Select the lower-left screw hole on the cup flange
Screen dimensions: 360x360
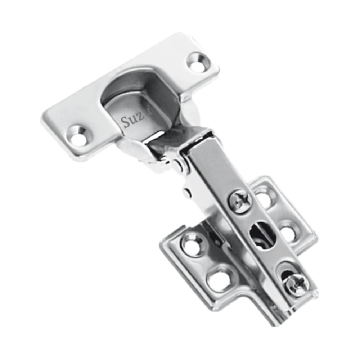[78, 135]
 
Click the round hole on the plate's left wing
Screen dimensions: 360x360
[193, 245]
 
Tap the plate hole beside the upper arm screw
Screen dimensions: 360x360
[265, 199]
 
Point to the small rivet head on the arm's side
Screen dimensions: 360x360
[185, 193]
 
